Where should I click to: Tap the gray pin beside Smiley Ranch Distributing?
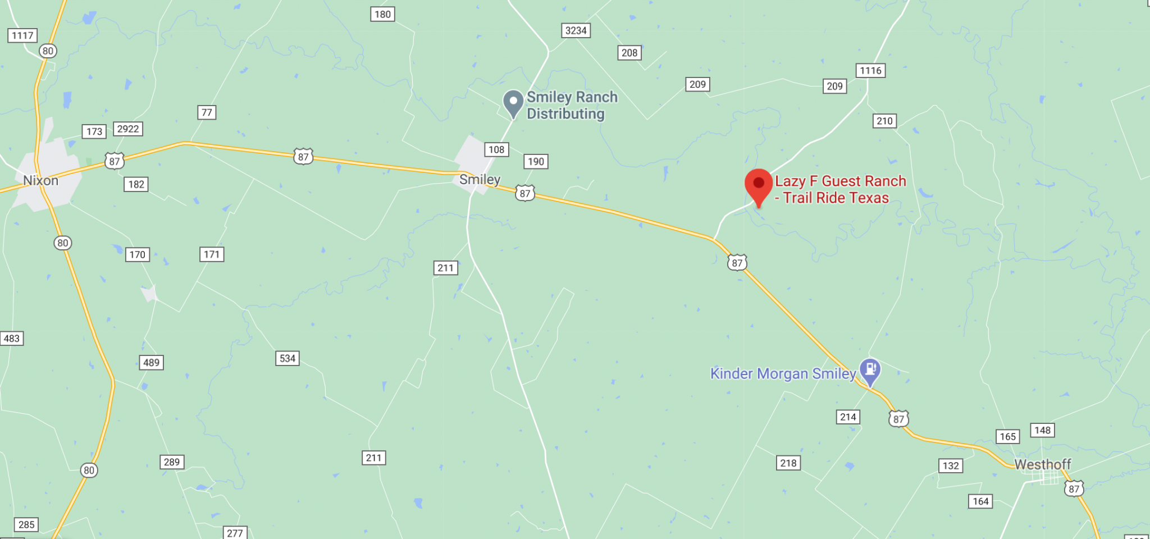[513, 103]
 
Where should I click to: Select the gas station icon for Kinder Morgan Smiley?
[870, 371]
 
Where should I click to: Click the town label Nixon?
[40, 181]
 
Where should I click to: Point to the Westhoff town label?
[1042, 464]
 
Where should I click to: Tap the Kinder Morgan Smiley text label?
[783, 373]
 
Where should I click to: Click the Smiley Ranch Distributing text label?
[572, 106]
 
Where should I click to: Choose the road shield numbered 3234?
[576, 30]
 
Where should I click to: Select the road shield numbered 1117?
[22, 35]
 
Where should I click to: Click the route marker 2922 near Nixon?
[127, 129]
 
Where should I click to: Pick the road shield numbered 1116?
[870, 71]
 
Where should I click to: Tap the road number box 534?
[287, 358]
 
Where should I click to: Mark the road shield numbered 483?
[11, 339]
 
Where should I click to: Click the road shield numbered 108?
[496, 149]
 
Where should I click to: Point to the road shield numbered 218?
[788, 463]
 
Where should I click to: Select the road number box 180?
[382, 14]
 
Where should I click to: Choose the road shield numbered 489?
[151, 362]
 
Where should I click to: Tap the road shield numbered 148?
[1042, 430]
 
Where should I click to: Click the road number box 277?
[235, 532]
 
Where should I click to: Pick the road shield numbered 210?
[884, 121]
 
